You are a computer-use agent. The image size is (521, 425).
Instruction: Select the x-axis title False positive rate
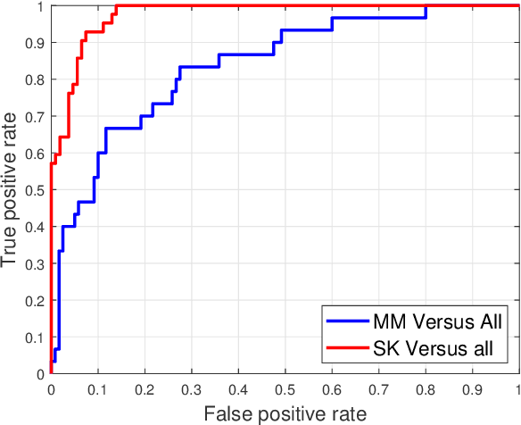click(x=285, y=412)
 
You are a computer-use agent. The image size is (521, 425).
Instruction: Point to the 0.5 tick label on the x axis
click(x=285, y=389)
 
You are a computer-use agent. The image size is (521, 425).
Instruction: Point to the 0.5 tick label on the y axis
click(x=34, y=189)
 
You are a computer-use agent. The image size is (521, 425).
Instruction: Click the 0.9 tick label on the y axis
click(x=34, y=42)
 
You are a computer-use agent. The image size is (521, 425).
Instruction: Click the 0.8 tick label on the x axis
click(x=426, y=389)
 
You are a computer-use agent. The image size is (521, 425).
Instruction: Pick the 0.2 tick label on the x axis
click(x=144, y=389)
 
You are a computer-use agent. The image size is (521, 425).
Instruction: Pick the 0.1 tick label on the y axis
click(x=34, y=337)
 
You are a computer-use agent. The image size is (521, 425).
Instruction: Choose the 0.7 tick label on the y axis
click(x=34, y=116)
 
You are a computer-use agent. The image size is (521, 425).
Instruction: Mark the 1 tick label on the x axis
click(x=518, y=389)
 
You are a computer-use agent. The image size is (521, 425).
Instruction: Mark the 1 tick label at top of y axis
click(x=40, y=6)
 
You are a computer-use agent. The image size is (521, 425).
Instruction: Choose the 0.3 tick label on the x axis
click(x=191, y=389)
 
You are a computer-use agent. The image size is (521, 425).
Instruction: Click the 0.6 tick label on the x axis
click(x=332, y=389)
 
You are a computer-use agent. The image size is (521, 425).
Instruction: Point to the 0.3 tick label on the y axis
click(x=34, y=263)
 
